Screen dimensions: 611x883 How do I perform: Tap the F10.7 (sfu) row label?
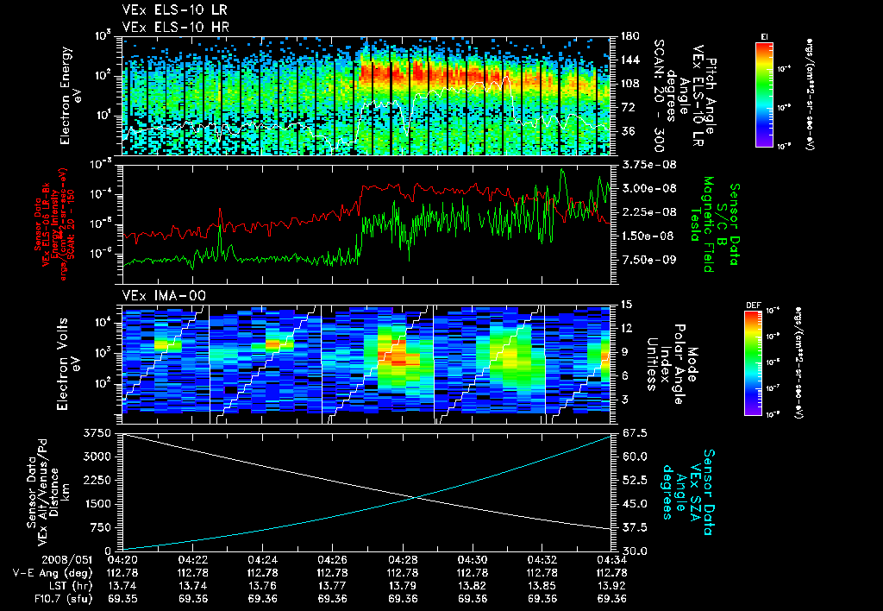point(53,597)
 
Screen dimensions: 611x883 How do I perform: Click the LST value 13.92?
point(611,585)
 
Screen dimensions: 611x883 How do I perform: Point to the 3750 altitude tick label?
point(98,432)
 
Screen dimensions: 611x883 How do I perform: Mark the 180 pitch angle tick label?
point(627,35)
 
